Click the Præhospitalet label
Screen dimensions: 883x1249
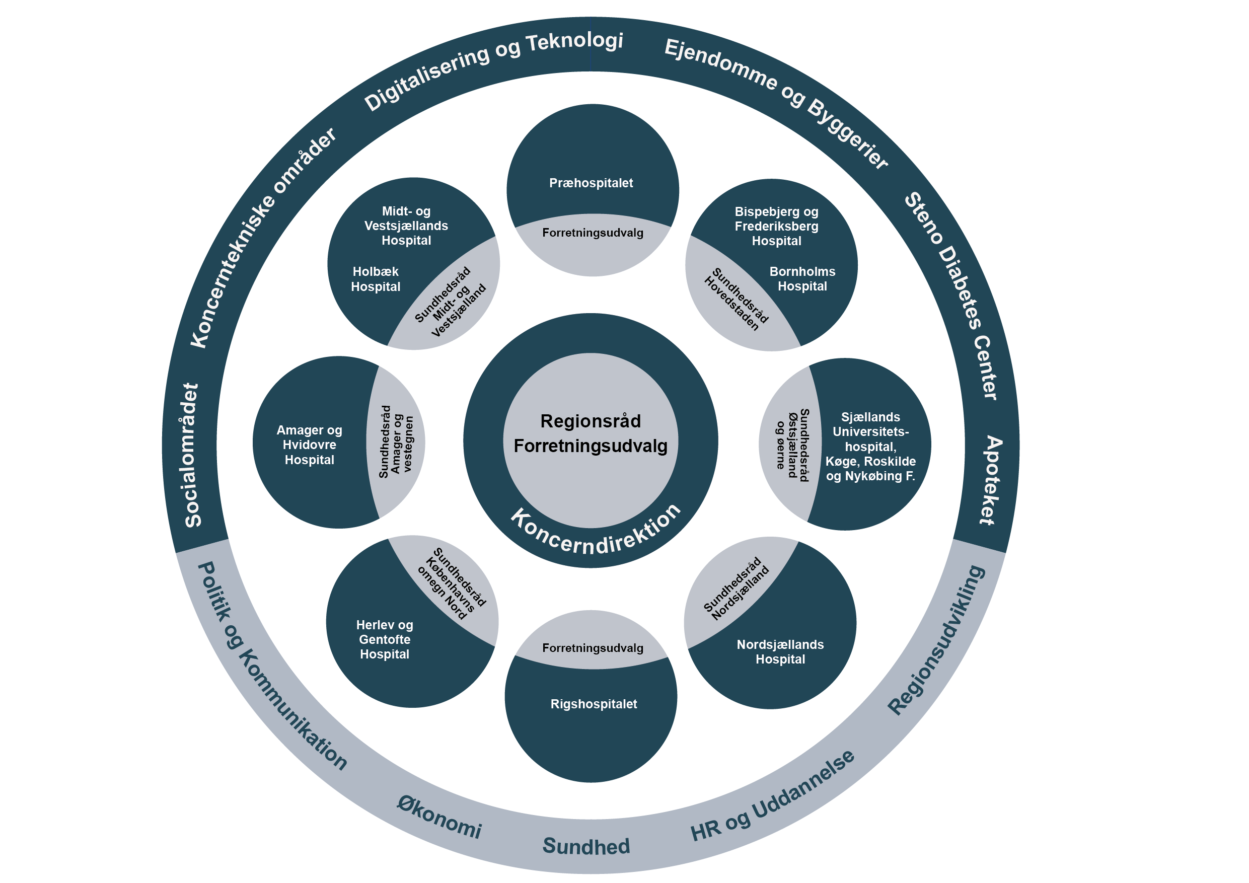[591, 183]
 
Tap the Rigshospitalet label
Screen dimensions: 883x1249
[594, 704]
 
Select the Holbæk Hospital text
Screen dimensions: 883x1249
[376, 279]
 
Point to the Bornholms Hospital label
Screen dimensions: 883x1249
[802, 279]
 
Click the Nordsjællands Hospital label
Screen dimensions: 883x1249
[780, 652]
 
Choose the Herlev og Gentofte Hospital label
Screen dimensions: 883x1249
[385, 640]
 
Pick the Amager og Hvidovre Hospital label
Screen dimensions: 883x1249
[310, 445]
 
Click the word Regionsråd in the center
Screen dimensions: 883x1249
[591, 421]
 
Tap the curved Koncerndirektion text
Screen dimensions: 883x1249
[596, 533]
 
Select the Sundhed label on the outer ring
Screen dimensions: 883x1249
[586, 847]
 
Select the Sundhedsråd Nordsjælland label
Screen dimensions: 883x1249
[736, 589]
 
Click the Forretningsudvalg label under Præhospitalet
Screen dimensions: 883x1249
[593, 233]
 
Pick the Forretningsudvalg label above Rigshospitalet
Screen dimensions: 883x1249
[593, 648]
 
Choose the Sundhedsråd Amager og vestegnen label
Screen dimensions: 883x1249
[396, 442]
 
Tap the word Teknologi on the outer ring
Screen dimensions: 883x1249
[574, 42]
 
